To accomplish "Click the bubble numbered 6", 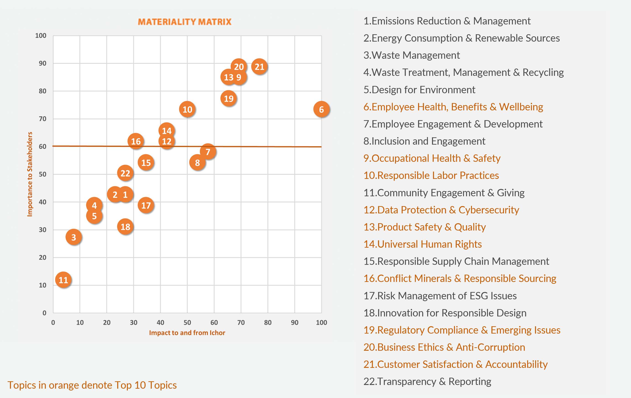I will pos(321,109).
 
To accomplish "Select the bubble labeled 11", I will pos(63,280).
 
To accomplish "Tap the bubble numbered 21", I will pos(259,67).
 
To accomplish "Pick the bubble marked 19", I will pos(228,98).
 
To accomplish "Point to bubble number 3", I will pos(74,237).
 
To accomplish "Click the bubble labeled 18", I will pos(125,227).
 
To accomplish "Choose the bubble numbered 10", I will pos(187,109).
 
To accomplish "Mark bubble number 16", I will pos(136,141).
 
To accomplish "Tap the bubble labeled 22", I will pos(125,173).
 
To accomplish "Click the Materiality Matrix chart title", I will pos(185,22).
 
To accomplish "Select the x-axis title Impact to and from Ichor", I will pos(187,333).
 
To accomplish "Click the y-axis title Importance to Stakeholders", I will pos(30,174).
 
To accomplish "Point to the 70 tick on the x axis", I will pos(241,322).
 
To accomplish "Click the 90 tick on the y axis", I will pos(42,63).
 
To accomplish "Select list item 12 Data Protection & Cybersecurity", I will pos(441,210).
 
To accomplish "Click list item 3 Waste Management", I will pos(411,55).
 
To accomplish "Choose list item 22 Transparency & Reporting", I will pos(427,382).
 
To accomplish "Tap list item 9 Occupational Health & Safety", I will pos(432,158).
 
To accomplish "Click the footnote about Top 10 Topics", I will pos(92,385).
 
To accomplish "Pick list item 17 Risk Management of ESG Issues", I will pos(440,296).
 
